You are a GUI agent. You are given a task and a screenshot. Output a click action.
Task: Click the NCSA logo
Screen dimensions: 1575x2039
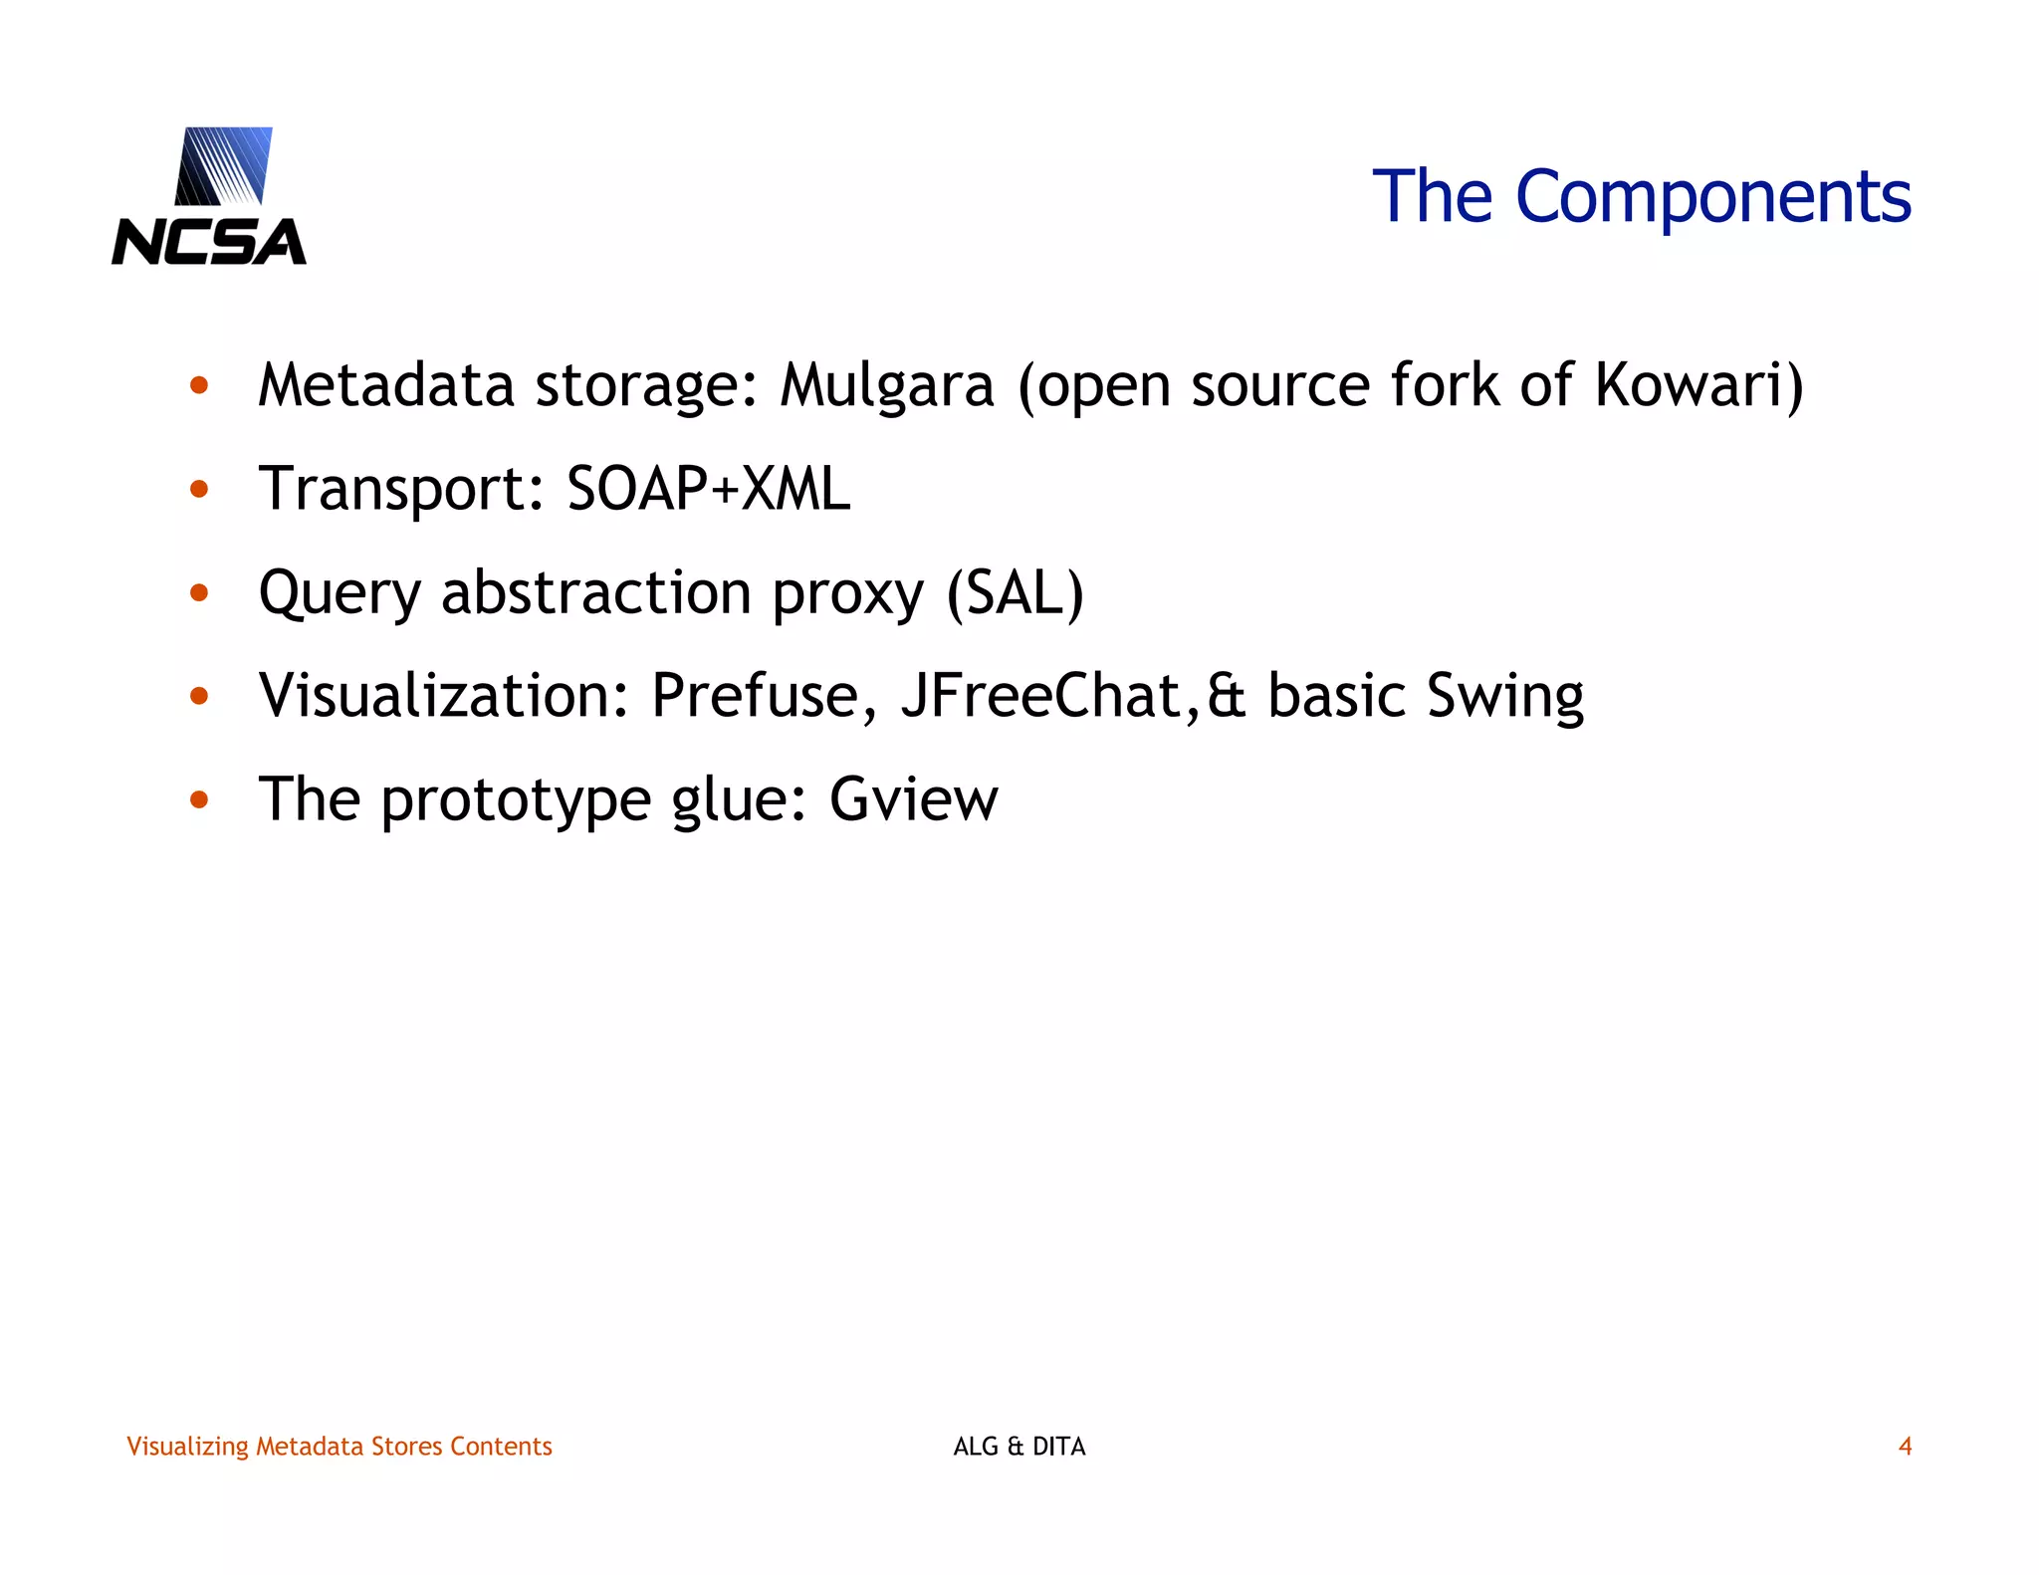point(209,196)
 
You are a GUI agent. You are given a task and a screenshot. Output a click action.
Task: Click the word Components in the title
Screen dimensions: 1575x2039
point(1712,197)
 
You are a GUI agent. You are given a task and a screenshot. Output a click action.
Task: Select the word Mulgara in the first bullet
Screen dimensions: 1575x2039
point(886,385)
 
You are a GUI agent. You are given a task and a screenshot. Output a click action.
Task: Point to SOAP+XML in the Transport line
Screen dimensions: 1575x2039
point(708,489)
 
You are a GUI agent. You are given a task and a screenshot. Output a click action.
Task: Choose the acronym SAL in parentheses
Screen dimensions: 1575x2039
point(1015,592)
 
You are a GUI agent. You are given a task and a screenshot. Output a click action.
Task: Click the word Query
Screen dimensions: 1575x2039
point(340,594)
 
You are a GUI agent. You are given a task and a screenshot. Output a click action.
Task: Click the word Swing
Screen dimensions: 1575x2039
point(1504,697)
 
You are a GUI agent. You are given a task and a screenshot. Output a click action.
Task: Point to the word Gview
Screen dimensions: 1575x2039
point(913,798)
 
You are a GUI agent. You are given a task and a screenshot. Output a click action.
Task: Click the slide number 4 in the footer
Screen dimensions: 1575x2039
point(1905,1447)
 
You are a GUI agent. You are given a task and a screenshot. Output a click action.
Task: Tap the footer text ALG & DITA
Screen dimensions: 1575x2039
point(1019,1447)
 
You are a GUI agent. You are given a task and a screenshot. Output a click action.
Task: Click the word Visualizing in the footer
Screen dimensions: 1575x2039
point(187,1447)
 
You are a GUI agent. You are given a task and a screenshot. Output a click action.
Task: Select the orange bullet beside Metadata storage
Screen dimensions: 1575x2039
point(199,385)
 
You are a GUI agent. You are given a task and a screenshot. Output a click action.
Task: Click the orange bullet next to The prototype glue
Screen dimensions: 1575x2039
point(199,798)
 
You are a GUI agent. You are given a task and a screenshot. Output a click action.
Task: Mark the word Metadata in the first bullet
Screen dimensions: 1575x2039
point(386,385)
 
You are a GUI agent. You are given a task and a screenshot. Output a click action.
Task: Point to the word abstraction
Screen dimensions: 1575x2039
point(595,592)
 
